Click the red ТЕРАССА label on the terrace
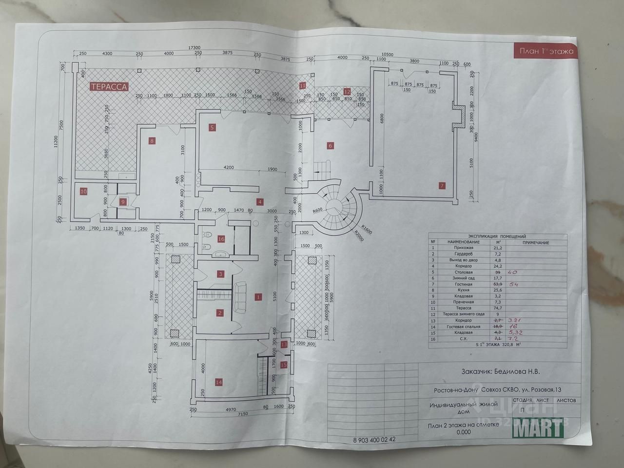(108, 87)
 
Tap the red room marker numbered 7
(442, 185)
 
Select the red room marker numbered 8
(152, 141)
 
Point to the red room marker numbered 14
(218, 383)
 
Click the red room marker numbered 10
(83, 192)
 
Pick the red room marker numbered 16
(221, 239)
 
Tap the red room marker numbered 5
(212, 128)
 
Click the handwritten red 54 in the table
(513, 284)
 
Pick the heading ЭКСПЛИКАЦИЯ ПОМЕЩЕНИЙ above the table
(496, 236)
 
